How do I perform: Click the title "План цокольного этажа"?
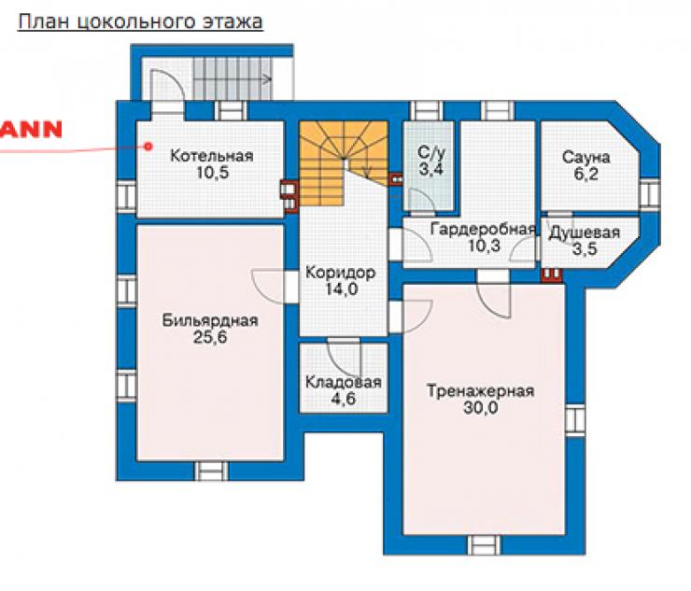pos(140,22)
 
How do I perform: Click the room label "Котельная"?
pos(212,156)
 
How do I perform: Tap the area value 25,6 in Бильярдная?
pos(210,337)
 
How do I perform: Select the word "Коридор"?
pos(340,273)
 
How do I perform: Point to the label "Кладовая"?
pos(344,382)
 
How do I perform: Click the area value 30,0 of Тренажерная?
pos(480,408)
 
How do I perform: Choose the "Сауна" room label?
pos(586,158)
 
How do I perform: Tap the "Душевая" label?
pos(585,232)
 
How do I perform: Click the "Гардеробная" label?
pos(484,229)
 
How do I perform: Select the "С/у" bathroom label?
pos(431,153)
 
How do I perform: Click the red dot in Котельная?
pos(149,146)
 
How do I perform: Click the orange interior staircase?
pos(344,163)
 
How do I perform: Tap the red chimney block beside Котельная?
pos(290,197)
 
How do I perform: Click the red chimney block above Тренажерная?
pos(552,274)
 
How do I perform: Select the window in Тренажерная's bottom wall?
pos(485,544)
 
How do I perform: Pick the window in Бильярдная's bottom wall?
pos(212,471)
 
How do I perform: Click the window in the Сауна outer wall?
pos(650,195)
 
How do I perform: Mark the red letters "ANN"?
pos(31,130)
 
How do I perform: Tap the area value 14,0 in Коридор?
pos(341,289)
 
